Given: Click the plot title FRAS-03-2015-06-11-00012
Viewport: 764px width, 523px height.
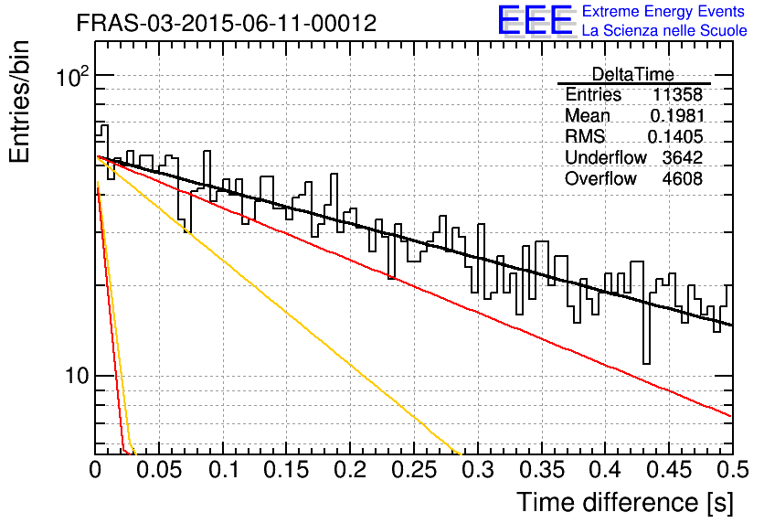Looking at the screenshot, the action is (227, 23).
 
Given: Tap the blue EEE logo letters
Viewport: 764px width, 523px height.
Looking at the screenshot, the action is (536, 20).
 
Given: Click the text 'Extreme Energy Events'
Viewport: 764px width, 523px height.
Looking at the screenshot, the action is (663, 11).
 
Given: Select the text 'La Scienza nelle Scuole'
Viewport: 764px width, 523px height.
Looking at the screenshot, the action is (664, 30).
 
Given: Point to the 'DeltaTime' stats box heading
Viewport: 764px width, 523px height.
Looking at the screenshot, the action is (633, 74).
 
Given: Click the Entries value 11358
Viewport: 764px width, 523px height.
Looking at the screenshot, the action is (678, 94).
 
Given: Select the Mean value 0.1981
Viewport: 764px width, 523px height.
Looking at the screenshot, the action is (677, 115).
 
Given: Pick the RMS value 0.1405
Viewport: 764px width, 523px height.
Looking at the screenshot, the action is (675, 136).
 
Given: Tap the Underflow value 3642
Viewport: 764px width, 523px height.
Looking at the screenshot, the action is (683, 157).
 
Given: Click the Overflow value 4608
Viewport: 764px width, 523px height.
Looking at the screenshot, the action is (683, 179).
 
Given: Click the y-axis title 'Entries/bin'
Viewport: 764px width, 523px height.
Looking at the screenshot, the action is (19, 101).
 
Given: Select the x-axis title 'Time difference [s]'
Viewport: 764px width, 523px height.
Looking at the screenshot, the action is (625, 502).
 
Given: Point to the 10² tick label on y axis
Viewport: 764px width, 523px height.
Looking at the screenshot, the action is (73, 76).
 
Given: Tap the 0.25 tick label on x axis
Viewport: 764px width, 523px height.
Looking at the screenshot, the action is (414, 470).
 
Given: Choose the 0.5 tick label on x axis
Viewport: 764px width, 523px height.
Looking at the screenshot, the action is (733, 470).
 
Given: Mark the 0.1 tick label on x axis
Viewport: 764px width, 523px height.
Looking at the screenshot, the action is (224, 470).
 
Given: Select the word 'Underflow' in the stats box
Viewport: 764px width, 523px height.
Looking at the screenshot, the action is (606, 157).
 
